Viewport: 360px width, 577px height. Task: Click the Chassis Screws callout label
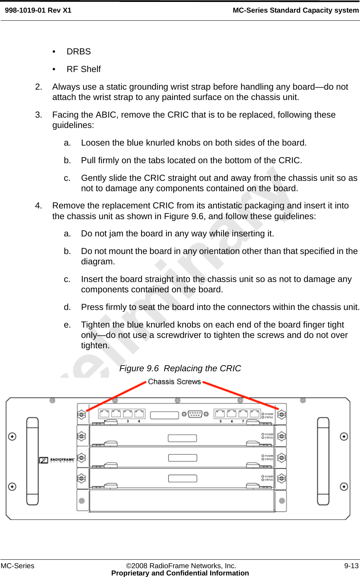(x=174, y=382)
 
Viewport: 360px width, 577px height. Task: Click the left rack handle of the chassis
(x=33, y=461)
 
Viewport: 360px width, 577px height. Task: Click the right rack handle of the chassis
(x=323, y=461)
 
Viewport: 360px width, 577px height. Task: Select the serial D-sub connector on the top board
(x=195, y=414)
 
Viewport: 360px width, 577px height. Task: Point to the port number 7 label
(x=243, y=421)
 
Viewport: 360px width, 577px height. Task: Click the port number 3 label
(x=128, y=421)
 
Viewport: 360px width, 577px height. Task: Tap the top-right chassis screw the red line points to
(x=282, y=414)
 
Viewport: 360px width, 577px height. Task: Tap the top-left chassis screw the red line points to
(x=81, y=415)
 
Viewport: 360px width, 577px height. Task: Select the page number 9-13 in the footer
(x=351, y=566)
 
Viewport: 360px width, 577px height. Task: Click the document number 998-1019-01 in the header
(x=25, y=10)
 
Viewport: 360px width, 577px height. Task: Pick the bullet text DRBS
(x=79, y=52)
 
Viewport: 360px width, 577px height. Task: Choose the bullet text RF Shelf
(x=84, y=69)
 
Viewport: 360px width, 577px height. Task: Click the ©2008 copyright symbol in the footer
(x=129, y=566)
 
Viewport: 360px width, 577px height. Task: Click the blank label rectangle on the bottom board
(x=182, y=479)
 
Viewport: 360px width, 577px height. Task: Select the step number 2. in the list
(x=38, y=87)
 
